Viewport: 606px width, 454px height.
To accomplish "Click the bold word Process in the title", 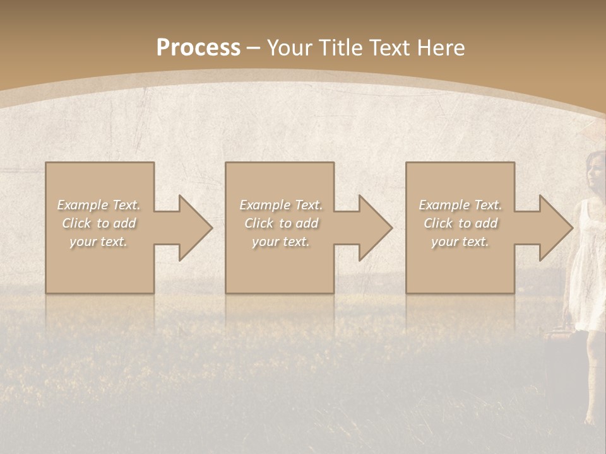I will click(x=198, y=48).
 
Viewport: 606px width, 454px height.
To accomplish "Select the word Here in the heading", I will click(x=442, y=48).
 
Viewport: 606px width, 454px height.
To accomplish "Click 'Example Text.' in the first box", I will click(x=99, y=205).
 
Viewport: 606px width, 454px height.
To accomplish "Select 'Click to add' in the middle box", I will click(x=281, y=223).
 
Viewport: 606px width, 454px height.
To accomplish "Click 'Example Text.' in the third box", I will click(x=460, y=205).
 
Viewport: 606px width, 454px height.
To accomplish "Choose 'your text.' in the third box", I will click(x=460, y=242).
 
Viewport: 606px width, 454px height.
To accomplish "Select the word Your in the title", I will click(x=290, y=48).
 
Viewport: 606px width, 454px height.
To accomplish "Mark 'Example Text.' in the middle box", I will click(x=281, y=205).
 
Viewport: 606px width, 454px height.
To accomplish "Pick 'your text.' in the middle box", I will click(x=281, y=242).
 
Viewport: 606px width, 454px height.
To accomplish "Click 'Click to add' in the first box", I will click(x=99, y=223).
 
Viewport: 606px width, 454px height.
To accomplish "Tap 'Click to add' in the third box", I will click(x=460, y=223).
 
